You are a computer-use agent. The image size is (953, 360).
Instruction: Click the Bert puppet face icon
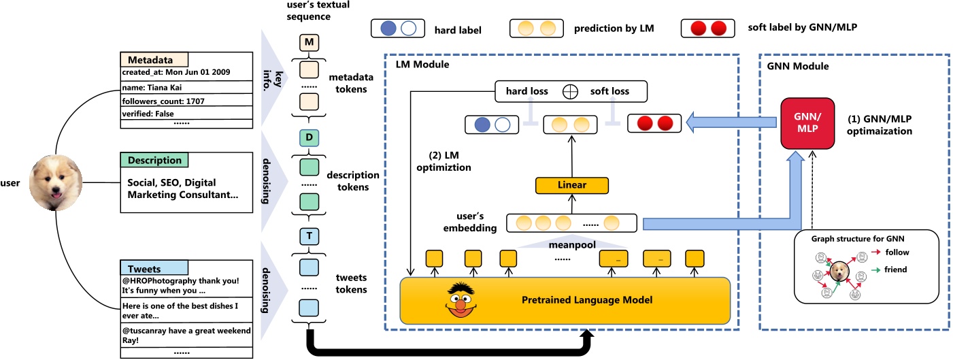[x=462, y=299]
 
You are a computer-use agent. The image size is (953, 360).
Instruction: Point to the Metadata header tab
[x=154, y=60]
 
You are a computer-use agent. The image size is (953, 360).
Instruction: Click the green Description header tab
[x=154, y=161]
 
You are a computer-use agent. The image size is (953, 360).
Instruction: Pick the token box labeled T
[x=310, y=235]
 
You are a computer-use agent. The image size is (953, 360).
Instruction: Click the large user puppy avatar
[x=56, y=182]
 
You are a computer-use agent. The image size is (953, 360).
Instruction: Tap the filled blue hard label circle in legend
[x=388, y=29]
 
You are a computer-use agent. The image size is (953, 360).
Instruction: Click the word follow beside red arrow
[x=896, y=252]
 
